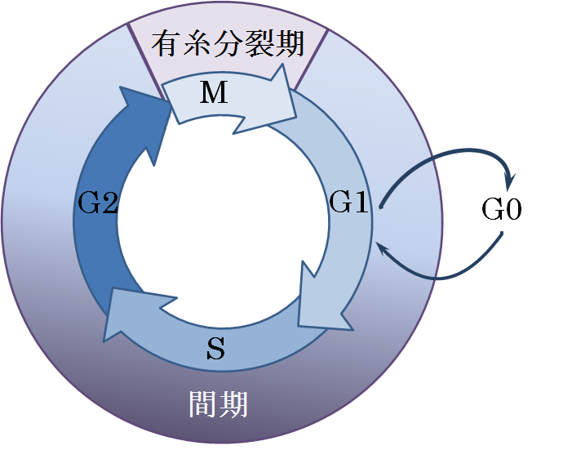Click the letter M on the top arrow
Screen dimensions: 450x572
214,94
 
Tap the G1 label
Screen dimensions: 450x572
349,202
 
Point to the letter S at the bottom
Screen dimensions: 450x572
215,349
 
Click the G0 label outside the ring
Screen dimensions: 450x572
501,211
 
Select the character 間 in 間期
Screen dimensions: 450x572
202,403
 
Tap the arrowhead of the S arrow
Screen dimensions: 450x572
117,319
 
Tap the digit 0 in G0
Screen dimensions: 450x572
512,211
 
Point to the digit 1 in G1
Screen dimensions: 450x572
361,202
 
